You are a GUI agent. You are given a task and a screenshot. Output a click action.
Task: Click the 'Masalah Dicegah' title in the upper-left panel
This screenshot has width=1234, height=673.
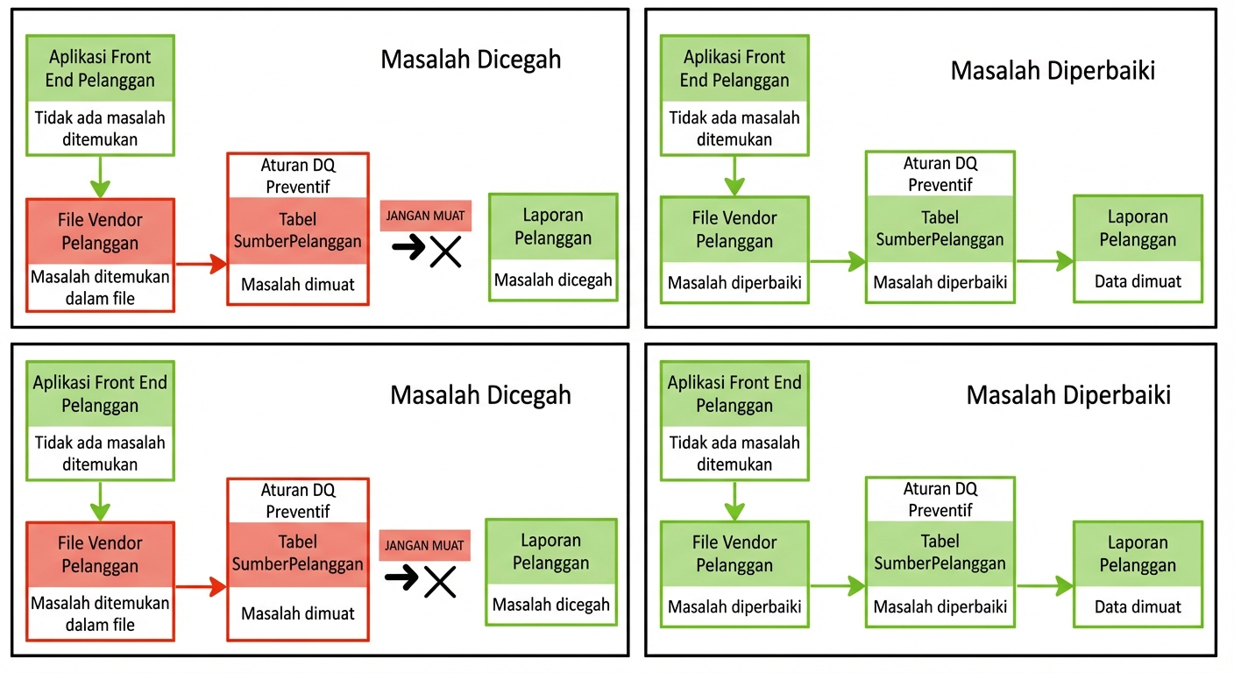click(471, 60)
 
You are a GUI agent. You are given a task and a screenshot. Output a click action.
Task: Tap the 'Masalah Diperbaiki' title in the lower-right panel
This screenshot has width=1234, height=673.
click(1068, 394)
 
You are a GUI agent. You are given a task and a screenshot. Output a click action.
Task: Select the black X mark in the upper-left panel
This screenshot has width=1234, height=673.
click(446, 251)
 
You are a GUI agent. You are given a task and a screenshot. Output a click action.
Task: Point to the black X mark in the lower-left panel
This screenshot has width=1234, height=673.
click(440, 581)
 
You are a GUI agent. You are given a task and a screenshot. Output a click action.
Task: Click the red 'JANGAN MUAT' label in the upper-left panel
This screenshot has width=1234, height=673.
click(425, 216)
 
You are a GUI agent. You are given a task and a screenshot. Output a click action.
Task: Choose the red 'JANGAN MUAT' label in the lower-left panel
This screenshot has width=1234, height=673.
click(425, 545)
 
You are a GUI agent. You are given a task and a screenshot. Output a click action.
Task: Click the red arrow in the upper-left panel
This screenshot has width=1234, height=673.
click(201, 263)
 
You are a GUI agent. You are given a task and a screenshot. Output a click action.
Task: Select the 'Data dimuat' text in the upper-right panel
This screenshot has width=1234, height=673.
click(1138, 281)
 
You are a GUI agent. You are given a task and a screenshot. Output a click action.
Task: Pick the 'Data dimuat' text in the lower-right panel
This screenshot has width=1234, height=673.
click(1138, 606)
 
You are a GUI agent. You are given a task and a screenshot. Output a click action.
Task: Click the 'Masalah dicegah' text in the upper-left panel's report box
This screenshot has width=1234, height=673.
click(553, 280)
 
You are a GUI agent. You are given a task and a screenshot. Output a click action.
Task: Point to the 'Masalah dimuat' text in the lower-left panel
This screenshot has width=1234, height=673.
click(298, 613)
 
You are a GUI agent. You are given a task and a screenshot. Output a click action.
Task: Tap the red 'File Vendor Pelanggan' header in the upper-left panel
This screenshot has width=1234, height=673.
click(100, 231)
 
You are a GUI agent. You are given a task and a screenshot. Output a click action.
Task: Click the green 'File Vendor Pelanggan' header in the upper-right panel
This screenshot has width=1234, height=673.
click(734, 229)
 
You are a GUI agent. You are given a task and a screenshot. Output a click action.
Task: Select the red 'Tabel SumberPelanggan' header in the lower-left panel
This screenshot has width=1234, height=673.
click(298, 553)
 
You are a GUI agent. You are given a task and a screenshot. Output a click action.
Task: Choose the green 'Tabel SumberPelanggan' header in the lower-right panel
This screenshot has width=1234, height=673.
click(940, 552)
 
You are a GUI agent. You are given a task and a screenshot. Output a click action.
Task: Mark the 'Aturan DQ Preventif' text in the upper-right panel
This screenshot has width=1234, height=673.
click(940, 174)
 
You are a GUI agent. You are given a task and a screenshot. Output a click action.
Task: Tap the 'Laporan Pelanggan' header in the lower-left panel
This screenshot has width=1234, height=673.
click(551, 551)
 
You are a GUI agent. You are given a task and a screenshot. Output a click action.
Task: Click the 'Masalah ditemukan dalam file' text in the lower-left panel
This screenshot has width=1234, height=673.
click(100, 613)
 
